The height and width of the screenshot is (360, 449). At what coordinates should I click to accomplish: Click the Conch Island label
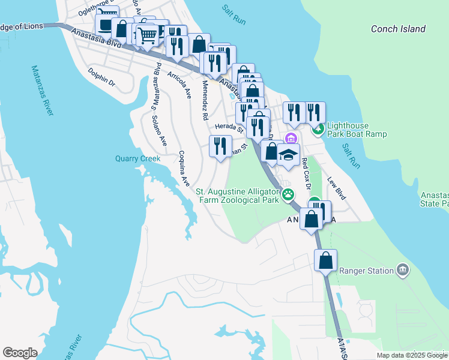[398, 29]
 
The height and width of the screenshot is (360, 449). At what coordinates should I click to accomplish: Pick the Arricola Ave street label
[179, 85]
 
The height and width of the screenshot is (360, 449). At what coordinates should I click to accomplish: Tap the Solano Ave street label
[159, 130]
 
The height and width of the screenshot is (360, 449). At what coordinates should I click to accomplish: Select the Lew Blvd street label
[337, 188]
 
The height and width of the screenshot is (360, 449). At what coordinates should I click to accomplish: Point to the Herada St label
[229, 127]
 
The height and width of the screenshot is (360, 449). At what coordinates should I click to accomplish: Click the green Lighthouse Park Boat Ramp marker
[318, 128]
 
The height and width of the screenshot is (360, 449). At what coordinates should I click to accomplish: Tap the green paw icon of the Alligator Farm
[289, 195]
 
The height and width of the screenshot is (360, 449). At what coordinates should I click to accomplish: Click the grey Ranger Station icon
[401, 271]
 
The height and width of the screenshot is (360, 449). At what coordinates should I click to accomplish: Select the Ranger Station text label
[366, 271]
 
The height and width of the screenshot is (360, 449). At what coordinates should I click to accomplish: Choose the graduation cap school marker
[288, 155]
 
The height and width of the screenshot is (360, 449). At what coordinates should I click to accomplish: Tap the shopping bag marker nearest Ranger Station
[325, 261]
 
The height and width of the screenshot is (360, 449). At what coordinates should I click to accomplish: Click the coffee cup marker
[106, 25]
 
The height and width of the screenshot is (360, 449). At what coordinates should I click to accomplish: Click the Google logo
[20, 353]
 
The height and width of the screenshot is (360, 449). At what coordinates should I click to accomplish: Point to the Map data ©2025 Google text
[411, 355]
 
